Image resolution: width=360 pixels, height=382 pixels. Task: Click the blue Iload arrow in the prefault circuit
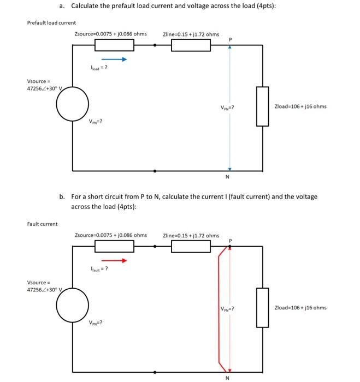click(114, 60)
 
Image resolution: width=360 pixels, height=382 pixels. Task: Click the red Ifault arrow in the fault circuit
click(114, 260)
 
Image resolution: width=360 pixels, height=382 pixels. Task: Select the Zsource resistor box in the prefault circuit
click(114, 45)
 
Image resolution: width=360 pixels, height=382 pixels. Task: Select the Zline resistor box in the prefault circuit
click(191, 45)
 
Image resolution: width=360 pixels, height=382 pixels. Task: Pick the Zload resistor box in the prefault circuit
click(263, 106)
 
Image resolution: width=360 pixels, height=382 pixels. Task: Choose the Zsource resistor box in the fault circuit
click(114, 247)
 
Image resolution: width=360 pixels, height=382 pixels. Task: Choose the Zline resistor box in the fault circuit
click(191, 247)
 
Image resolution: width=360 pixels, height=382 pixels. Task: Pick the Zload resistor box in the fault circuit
click(263, 307)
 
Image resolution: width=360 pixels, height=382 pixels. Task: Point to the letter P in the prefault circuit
click(230, 39)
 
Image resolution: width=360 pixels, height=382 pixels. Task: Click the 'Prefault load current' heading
click(52, 22)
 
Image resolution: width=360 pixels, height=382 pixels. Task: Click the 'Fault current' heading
click(42, 223)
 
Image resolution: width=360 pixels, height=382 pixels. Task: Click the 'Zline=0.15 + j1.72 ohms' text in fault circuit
click(191, 236)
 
